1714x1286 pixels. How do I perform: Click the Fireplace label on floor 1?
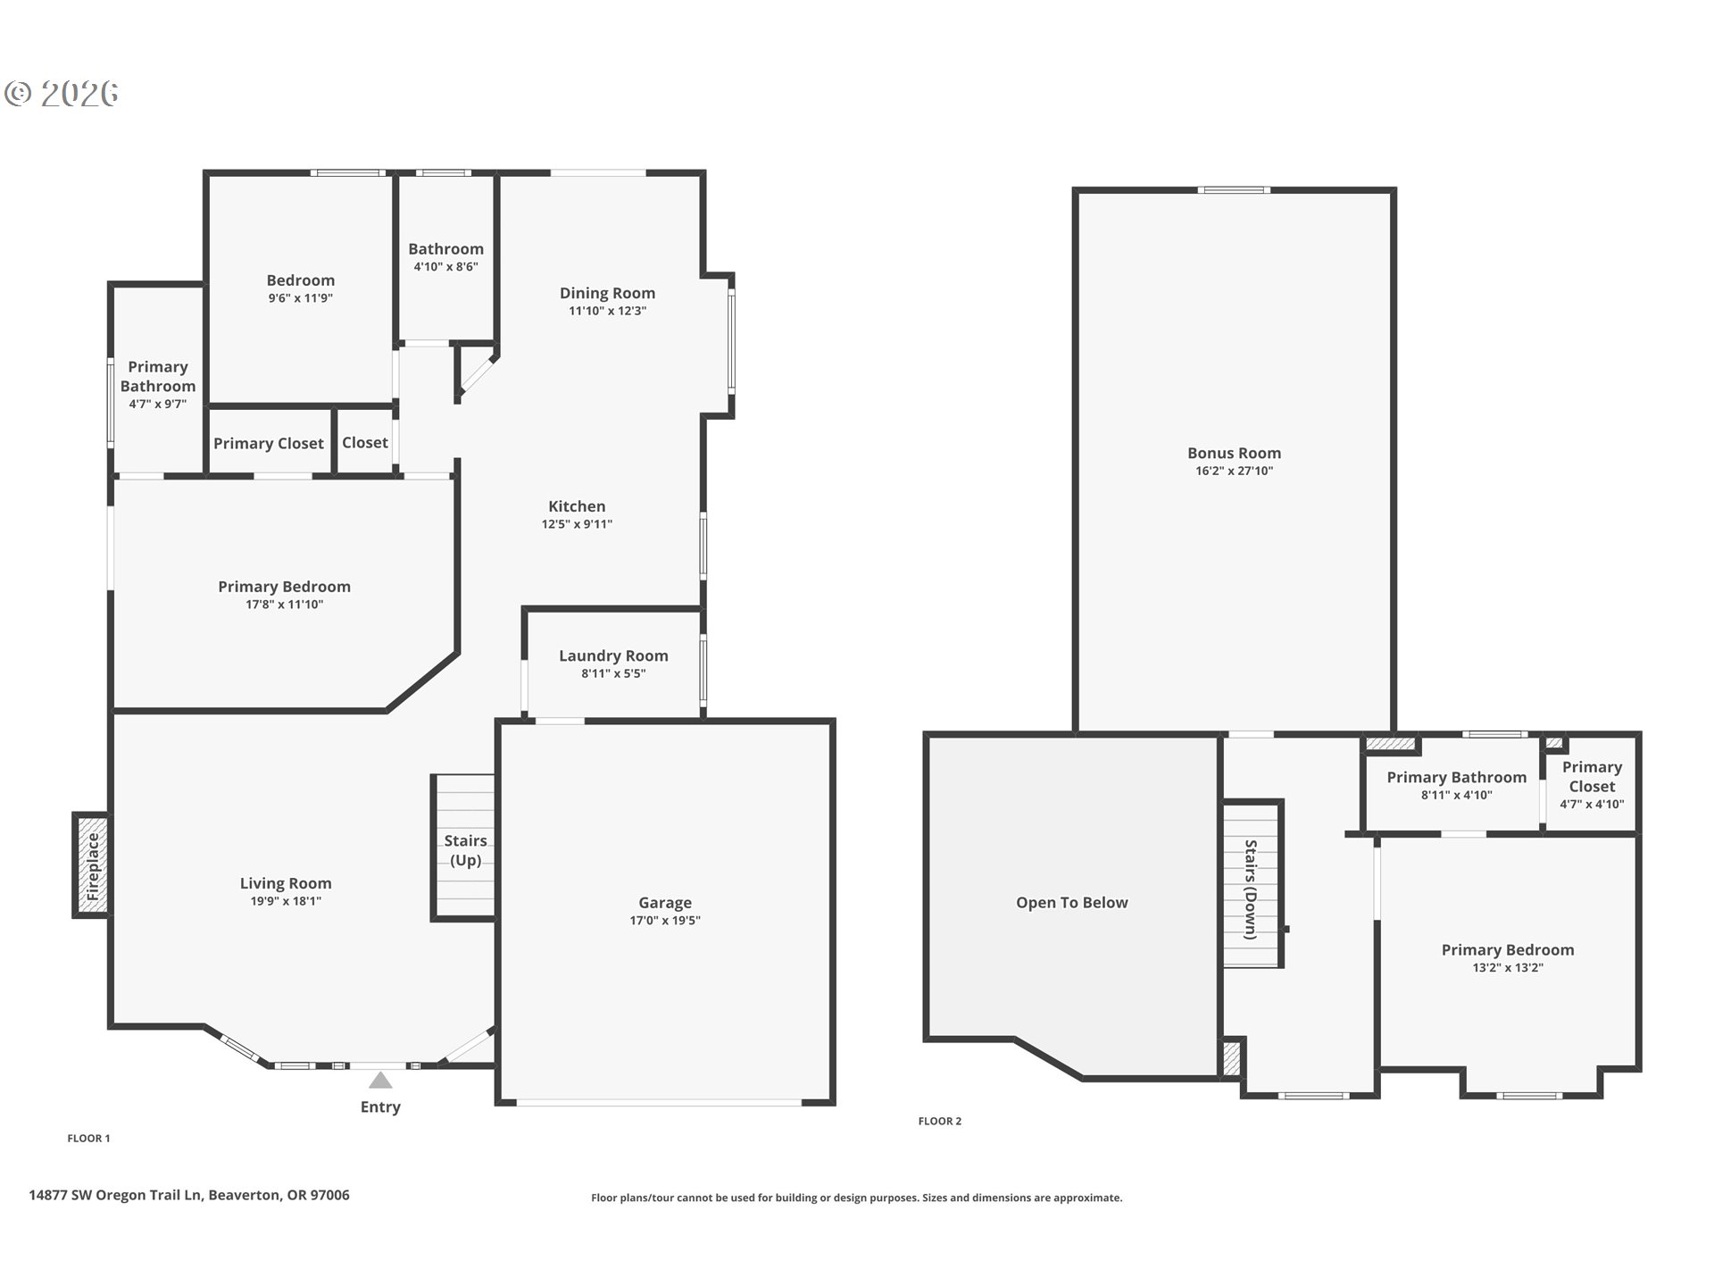(93, 865)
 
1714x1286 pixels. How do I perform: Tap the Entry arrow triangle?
(381, 1081)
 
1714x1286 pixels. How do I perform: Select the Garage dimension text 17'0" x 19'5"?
(664, 921)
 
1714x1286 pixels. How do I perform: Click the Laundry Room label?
(613, 656)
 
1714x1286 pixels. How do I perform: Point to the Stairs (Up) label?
(465, 850)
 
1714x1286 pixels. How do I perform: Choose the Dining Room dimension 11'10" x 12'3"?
(607, 311)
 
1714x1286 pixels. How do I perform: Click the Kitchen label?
(577, 506)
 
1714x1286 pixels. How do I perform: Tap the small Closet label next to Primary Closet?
(365, 443)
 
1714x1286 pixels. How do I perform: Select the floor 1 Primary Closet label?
(269, 444)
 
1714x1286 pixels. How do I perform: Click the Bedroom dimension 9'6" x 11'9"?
(300, 298)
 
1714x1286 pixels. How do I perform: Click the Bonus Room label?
(1234, 454)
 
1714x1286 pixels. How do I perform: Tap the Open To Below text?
(1071, 903)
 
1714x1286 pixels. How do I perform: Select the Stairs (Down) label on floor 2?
(1251, 889)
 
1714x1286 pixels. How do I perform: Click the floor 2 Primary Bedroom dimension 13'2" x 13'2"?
(1507, 968)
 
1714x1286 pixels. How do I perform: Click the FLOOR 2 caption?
(939, 1121)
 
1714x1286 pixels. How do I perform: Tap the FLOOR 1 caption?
(88, 1138)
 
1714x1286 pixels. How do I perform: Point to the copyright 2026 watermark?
(62, 94)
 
